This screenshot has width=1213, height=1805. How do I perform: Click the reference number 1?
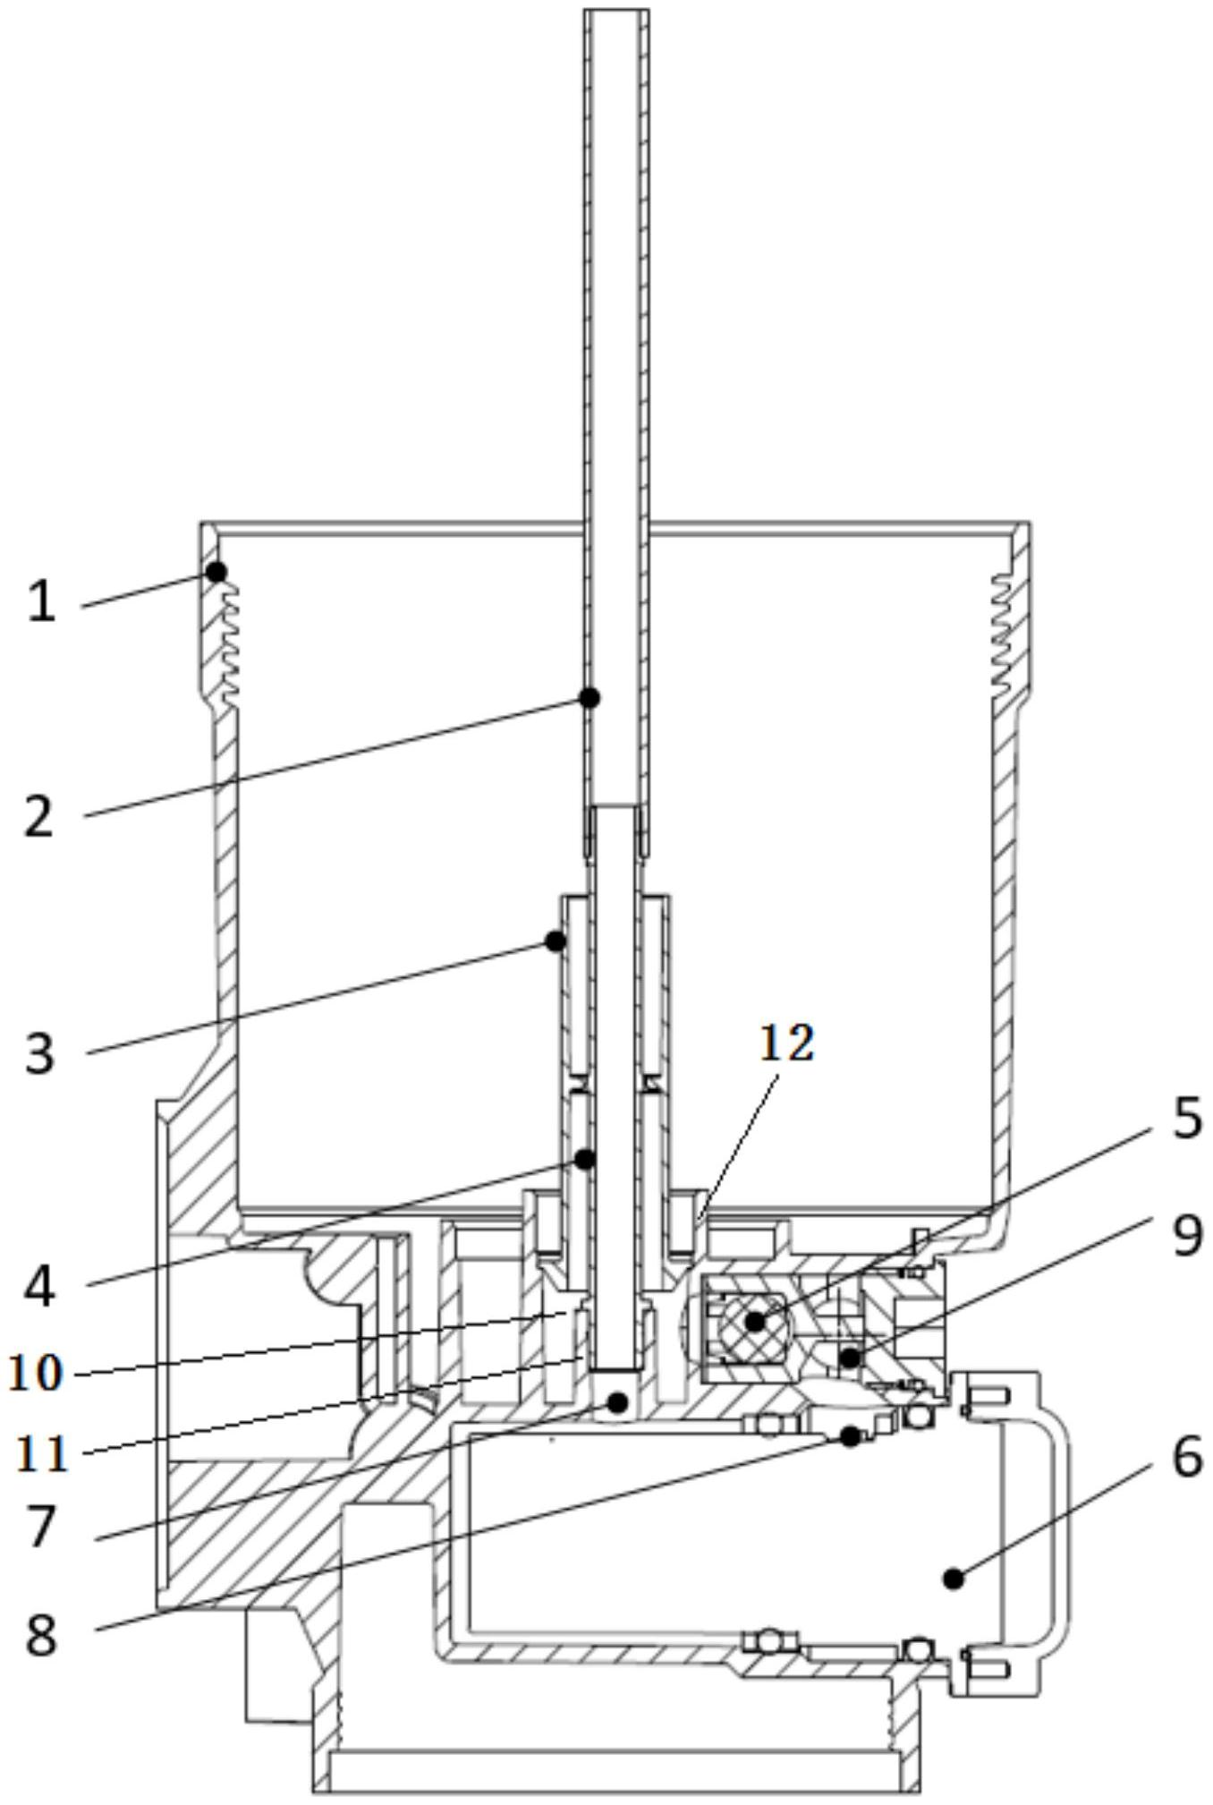[41, 600]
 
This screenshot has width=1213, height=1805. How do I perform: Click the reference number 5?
[1187, 1118]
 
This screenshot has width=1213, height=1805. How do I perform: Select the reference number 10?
[36, 1373]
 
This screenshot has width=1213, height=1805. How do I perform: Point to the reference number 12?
[787, 1043]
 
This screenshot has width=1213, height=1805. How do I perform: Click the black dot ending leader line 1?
[216, 571]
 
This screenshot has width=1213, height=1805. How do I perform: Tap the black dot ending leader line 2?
[590, 697]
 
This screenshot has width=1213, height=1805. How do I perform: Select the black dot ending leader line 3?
[556, 941]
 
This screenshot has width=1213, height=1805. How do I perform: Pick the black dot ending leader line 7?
[616, 1402]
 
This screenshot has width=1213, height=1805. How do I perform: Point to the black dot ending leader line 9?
[850, 1358]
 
